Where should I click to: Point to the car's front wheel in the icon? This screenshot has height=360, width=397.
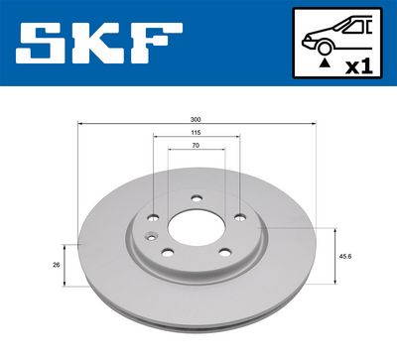pos(321,45)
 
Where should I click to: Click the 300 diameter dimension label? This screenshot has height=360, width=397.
pos(196,119)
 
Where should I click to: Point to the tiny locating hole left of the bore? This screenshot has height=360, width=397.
pos(147,235)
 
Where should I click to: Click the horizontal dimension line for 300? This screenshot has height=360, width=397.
pos(119,124)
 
